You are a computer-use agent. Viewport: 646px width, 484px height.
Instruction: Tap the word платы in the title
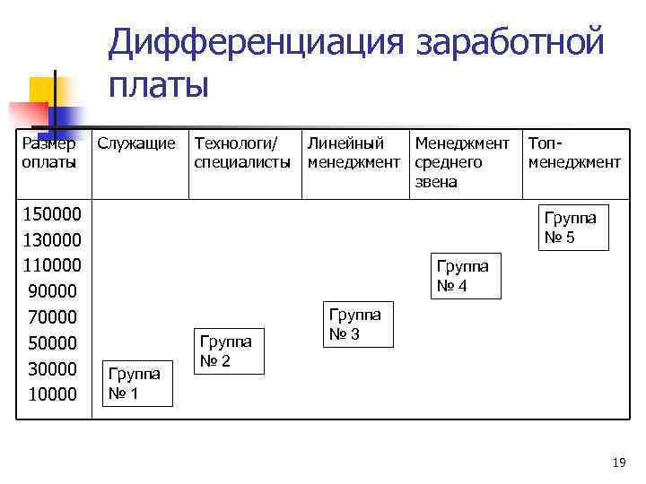pos(158,85)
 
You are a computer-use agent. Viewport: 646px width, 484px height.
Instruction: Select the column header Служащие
pos(136,143)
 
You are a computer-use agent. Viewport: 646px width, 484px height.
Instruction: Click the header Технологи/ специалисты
pos(242,152)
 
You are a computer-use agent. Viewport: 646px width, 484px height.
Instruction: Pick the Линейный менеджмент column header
pos(354,152)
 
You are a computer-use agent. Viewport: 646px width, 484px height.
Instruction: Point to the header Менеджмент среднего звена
pos(461,162)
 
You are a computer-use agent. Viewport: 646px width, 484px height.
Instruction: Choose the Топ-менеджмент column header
pos(574,152)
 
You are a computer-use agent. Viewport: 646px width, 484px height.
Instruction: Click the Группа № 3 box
pos(355,324)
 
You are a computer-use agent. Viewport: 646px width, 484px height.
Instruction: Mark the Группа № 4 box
pos(462,275)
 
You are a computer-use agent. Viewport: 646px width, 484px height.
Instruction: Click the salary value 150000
pos(50,214)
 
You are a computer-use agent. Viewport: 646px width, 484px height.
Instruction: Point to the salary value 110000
pos(50,265)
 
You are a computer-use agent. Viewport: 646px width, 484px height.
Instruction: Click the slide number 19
pos(618,462)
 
